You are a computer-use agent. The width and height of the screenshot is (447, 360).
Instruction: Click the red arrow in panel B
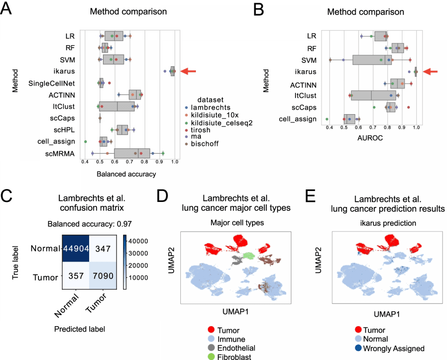pos(430,72)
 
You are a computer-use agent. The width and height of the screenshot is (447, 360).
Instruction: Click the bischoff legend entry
pos(203,144)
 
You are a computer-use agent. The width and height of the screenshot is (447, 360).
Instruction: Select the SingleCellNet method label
pos(51,84)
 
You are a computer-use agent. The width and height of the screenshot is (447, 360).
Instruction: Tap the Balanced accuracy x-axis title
pos(126,174)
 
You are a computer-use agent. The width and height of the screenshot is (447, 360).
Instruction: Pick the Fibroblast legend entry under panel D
pos(229,357)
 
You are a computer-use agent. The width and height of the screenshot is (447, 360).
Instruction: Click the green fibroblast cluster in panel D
pos(249,255)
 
